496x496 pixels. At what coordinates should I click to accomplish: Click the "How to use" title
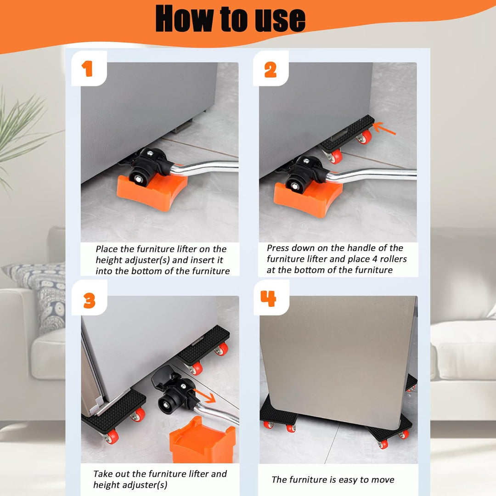point(230,19)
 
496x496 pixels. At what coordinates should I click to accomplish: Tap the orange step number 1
point(87,69)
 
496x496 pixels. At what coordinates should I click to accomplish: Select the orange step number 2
point(271,70)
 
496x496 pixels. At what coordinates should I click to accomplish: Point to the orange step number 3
point(90,300)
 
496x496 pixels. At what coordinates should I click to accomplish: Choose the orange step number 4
point(268,299)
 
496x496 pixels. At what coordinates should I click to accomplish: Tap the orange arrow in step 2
point(384,128)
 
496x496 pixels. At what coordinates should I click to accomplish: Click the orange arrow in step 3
point(205,396)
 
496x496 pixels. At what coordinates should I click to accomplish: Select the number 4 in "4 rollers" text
point(375,259)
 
